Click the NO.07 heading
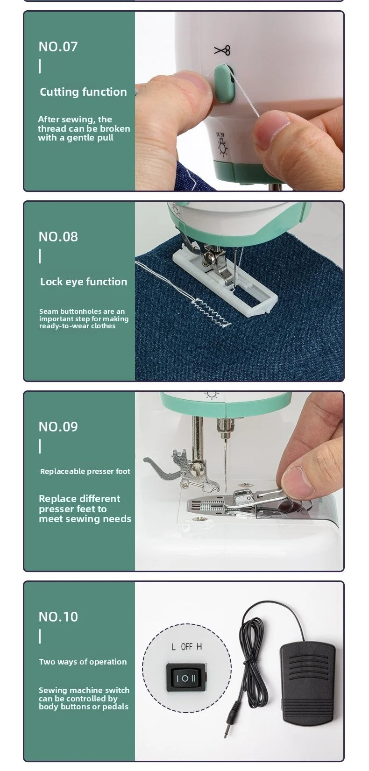coord(58,47)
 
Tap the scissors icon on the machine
coord(222,50)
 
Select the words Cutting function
coord(83,92)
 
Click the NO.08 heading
coord(58,237)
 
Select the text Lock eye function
coord(84,282)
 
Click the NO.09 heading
coord(58,427)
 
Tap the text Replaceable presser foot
coord(85,472)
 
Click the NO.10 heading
coord(58,617)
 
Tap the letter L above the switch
coord(173,647)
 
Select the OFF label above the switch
coord(186,647)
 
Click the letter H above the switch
coord(199,647)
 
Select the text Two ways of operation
coord(83,662)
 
